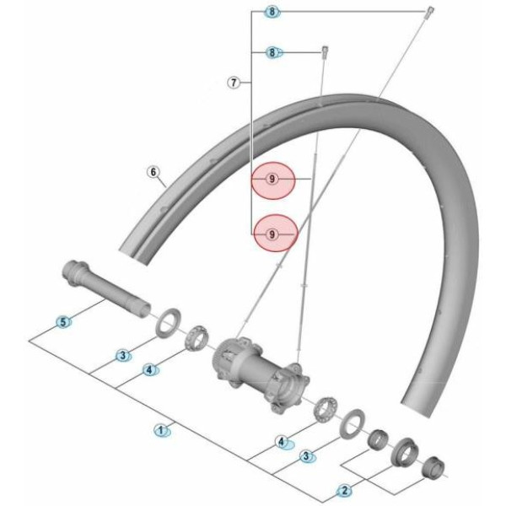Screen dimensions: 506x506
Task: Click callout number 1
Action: (159, 430)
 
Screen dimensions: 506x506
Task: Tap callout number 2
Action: (343, 489)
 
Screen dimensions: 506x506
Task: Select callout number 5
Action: (62, 322)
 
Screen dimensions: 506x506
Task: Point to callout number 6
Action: (153, 173)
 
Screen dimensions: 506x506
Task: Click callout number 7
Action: (234, 83)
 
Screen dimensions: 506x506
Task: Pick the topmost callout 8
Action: (272, 12)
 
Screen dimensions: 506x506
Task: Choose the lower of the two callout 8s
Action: (272, 52)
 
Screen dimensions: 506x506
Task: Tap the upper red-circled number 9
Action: (272, 180)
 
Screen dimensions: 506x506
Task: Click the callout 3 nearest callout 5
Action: (123, 356)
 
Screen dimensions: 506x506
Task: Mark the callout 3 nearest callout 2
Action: (307, 456)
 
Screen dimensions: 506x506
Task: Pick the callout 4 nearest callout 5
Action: (149, 369)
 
